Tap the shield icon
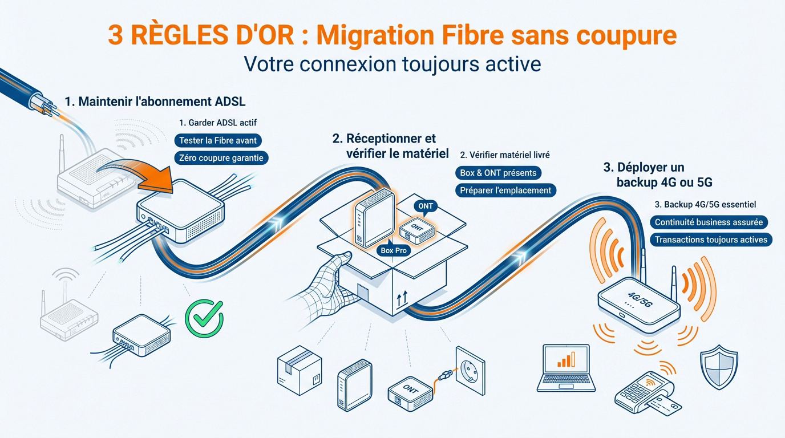click(x=719, y=365)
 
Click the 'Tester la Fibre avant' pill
click(x=218, y=140)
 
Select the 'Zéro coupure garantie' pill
click(x=221, y=157)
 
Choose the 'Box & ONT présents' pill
click(x=498, y=172)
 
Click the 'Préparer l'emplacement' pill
click(x=505, y=190)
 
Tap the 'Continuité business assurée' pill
click(x=708, y=222)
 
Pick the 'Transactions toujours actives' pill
click(x=711, y=240)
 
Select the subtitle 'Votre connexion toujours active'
click(x=392, y=63)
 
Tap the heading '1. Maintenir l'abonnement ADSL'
click(x=155, y=102)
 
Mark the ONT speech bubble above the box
click(x=425, y=206)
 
